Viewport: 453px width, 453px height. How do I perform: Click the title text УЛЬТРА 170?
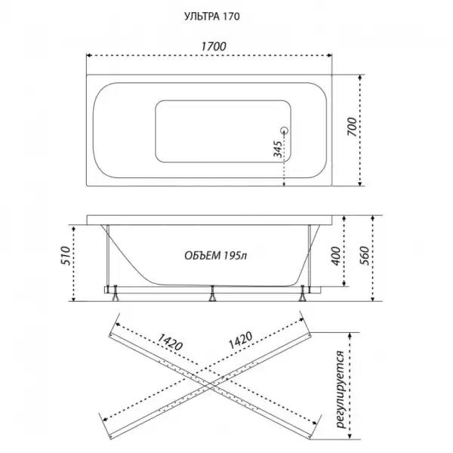click(x=212, y=17)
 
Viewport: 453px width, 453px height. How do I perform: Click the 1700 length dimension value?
click(x=214, y=46)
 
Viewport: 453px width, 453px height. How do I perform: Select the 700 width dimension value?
click(x=352, y=127)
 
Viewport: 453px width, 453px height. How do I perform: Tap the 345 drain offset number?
click(x=278, y=149)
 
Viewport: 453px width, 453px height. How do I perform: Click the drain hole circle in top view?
click(x=285, y=131)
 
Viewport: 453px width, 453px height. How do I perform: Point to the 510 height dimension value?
click(x=66, y=256)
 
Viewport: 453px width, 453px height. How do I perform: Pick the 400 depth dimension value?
click(x=336, y=256)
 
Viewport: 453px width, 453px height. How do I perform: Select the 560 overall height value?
click(x=365, y=256)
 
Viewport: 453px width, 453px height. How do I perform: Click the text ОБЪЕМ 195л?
click(x=216, y=256)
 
